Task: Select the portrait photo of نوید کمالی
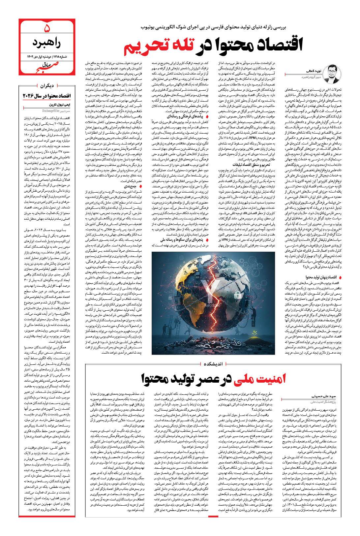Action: (x=331, y=75)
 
